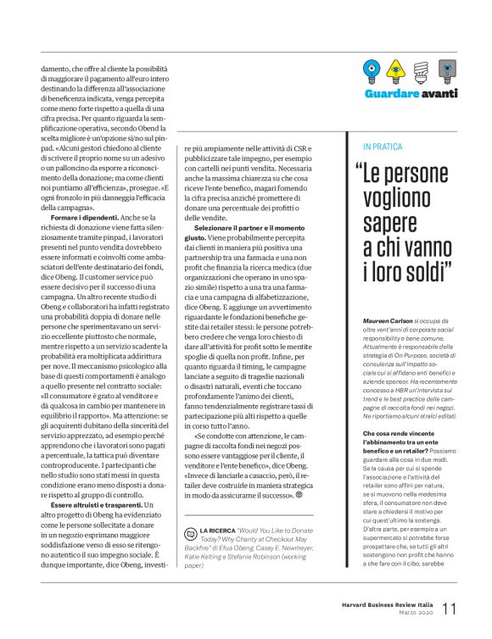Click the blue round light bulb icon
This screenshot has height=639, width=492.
371,69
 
